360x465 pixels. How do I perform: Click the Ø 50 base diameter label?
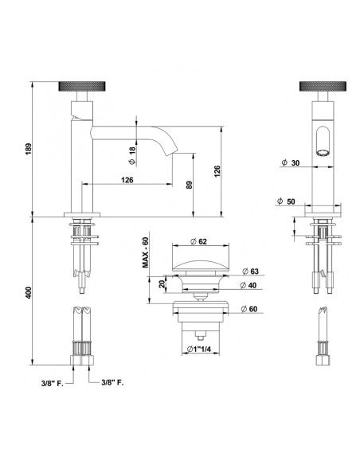(292, 201)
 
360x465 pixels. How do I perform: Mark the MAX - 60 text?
(146, 256)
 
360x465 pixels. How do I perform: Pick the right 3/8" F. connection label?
(115, 383)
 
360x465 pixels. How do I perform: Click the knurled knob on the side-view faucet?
(80, 86)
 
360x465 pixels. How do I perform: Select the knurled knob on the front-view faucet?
(320, 86)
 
